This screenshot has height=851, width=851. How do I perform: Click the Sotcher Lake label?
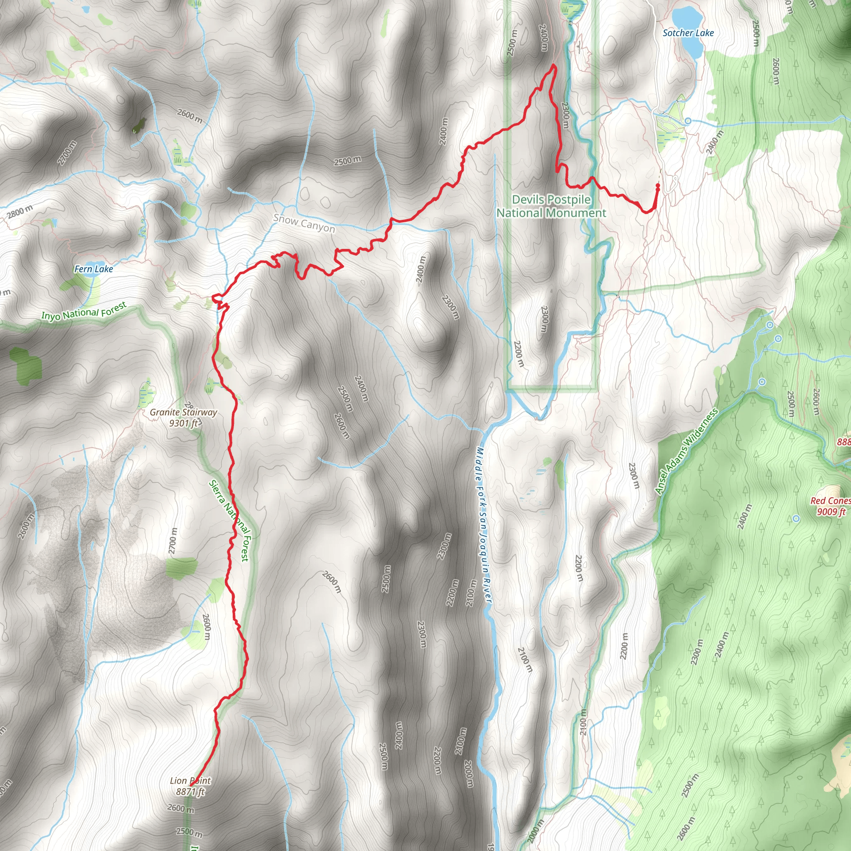pos(688,33)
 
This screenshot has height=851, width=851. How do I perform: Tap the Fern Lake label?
pos(93,269)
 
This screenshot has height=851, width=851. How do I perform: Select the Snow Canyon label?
pos(304,223)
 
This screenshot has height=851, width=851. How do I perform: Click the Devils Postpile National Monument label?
pos(551,206)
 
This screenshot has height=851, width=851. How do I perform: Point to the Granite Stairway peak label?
pos(183,418)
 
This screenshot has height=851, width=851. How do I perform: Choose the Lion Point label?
pos(190,781)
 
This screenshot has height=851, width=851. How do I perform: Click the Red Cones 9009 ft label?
pos(831,506)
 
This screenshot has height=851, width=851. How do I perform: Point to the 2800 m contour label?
pos(20,212)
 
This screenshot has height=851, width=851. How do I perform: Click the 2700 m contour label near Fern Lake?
pos(67,152)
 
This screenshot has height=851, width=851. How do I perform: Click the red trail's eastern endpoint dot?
pos(657,186)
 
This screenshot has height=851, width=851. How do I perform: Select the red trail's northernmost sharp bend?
pos(553,66)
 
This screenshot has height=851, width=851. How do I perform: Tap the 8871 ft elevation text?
pos(190,792)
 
